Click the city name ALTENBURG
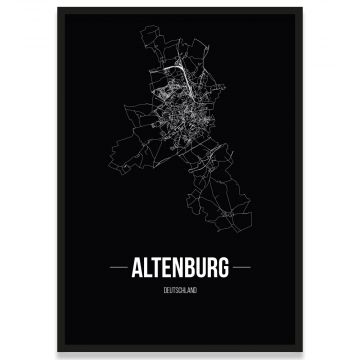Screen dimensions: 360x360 pyautogui.click(x=179, y=267)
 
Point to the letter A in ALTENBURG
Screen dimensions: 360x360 pyautogui.click(x=138, y=267)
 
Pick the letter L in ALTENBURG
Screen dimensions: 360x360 pyautogui.click(x=148, y=267)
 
